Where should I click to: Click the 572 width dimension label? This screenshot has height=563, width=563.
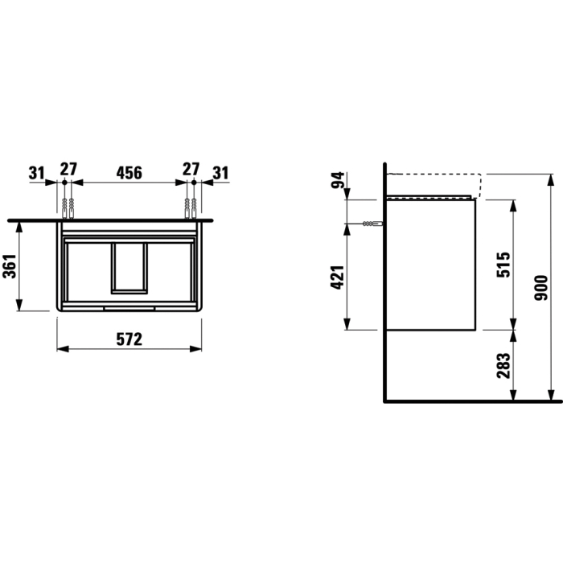coord(129,339)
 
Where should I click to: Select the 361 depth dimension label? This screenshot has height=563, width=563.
coord(10,266)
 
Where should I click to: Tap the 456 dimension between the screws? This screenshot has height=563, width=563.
coord(129,173)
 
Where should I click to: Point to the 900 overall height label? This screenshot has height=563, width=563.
coord(542,288)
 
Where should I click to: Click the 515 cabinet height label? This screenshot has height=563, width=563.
coord(503,265)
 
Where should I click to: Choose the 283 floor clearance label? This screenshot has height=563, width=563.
coord(503,365)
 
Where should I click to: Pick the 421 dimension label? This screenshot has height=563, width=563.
coord(338,277)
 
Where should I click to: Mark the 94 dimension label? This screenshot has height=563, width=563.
coord(338,180)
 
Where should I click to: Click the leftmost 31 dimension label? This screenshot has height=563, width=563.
coord(37,173)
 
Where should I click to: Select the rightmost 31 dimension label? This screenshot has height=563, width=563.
coord(221,173)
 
